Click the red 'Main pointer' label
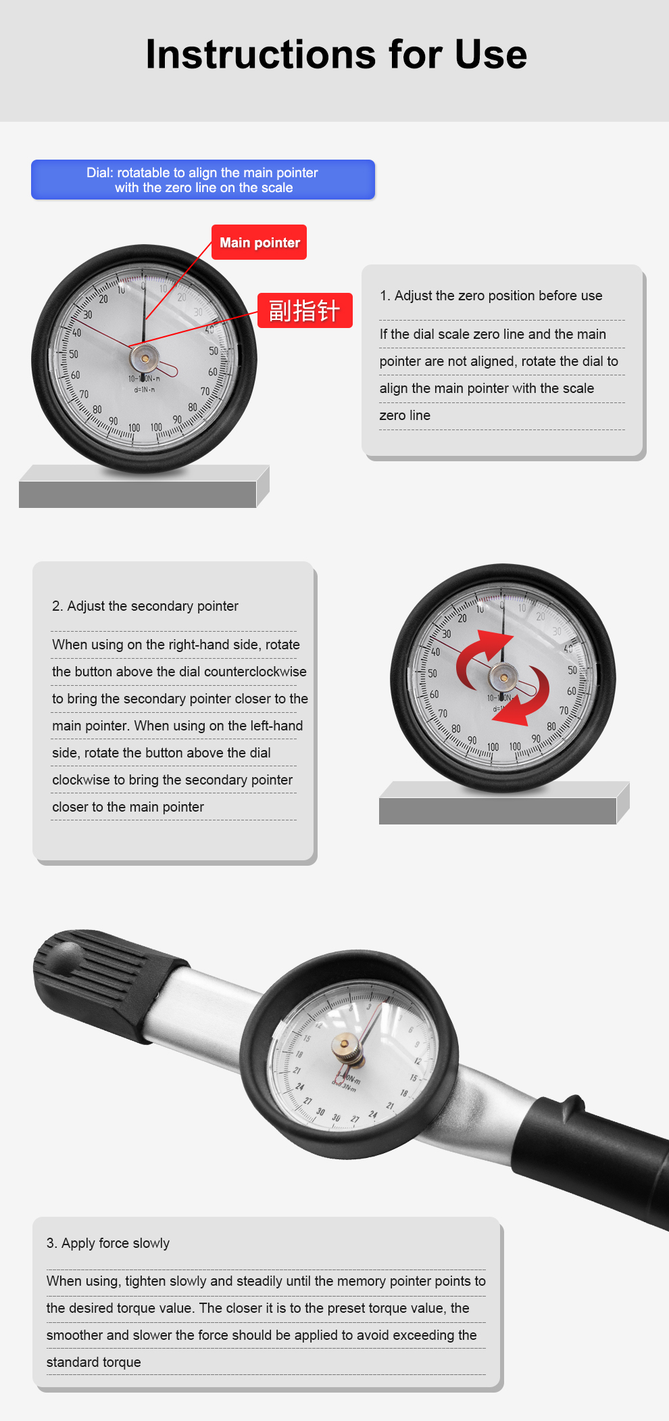(259, 242)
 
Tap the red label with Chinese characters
(305, 310)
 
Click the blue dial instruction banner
(203, 180)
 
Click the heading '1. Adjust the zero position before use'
(491, 296)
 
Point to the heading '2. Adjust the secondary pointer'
(145, 606)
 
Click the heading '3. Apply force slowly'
(108, 1243)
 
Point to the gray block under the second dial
(504, 803)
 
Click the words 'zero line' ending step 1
(405, 415)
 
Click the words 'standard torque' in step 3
(94, 1362)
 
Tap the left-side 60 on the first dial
(75, 375)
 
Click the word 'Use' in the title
(491, 54)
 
